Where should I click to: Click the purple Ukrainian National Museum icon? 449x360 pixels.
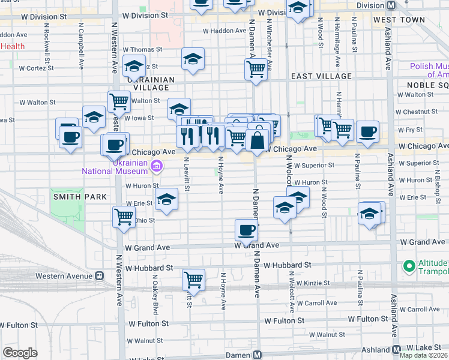156,166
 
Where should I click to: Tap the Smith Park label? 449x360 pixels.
80,196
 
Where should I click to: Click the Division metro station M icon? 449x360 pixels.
391,5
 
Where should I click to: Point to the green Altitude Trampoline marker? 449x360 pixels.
409,265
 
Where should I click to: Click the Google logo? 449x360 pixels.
20,353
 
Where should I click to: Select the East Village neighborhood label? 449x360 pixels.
321,76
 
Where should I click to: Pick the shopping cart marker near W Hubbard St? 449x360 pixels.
193,279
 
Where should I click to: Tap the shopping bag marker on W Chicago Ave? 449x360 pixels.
257,141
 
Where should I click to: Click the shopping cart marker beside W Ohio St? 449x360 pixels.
124,216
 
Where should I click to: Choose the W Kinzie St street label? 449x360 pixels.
309,283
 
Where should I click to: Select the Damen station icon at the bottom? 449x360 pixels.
257,355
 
